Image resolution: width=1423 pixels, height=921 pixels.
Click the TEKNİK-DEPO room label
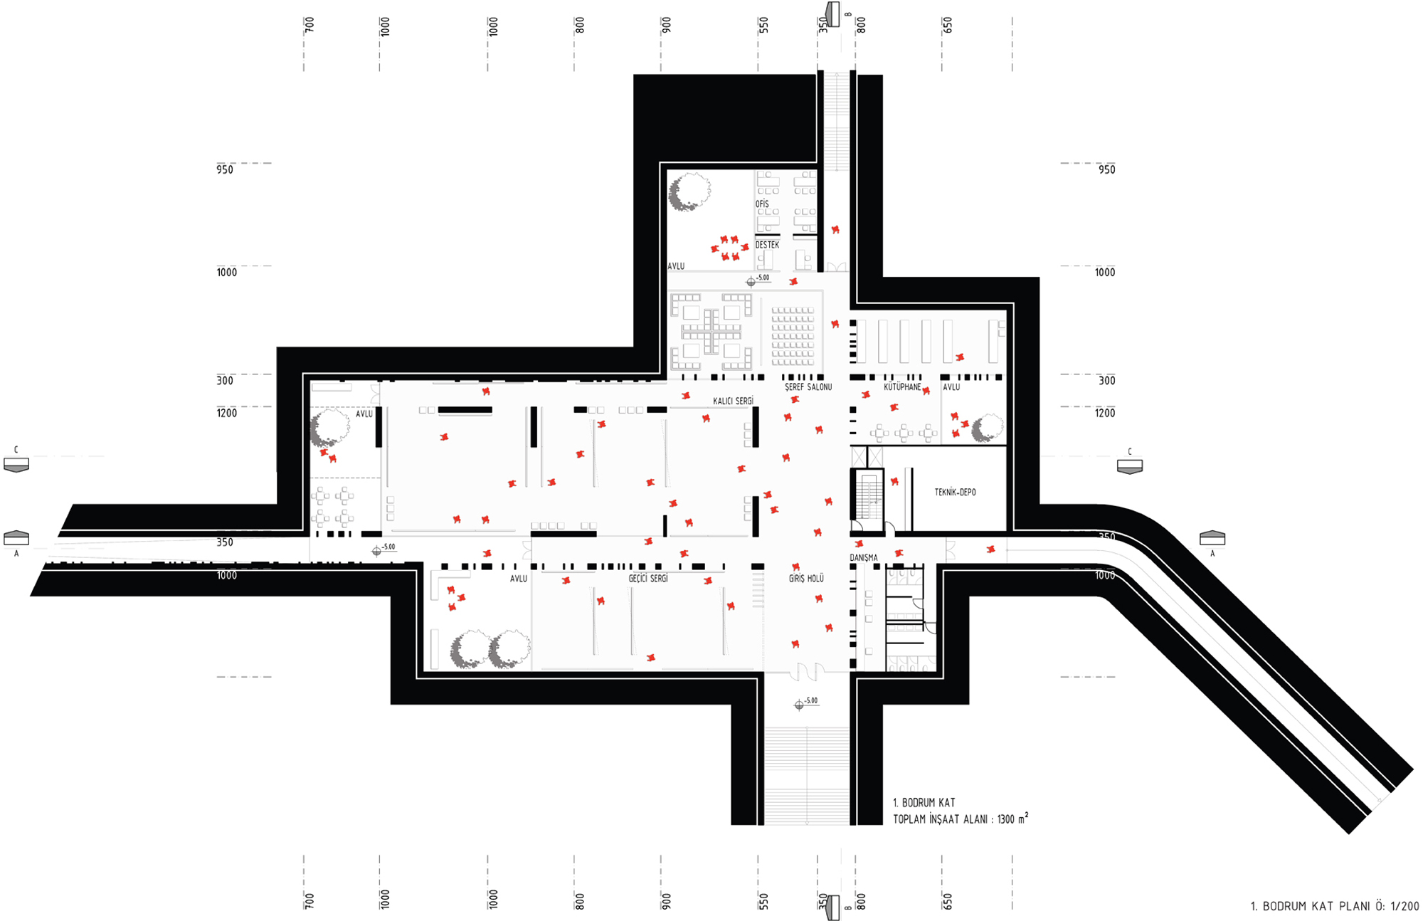[x=955, y=492]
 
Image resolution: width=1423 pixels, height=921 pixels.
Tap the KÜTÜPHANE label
[x=902, y=387]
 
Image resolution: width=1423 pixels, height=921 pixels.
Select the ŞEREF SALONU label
[x=808, y=387]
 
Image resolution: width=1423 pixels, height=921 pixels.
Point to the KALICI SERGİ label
[x=733, y=401]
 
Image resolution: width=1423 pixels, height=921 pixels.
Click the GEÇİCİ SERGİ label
[x=648, y=579]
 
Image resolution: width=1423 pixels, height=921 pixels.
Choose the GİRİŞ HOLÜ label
[x=806, y=579]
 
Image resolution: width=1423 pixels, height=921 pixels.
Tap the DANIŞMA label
[x=864, y=558]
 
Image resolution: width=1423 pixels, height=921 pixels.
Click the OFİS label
[x=762, y=204]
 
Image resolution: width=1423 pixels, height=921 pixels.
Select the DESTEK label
[x=767, y=245]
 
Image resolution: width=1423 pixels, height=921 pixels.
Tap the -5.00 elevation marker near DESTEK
[x=758, y=280]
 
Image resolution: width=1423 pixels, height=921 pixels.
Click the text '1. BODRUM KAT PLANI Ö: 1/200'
[x=1335, y=906]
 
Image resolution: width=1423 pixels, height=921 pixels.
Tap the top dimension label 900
[x=666, y=25]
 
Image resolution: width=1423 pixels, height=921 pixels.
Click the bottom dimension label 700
[x=310, y=900]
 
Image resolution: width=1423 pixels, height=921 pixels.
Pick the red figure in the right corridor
[x=990, y=549]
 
